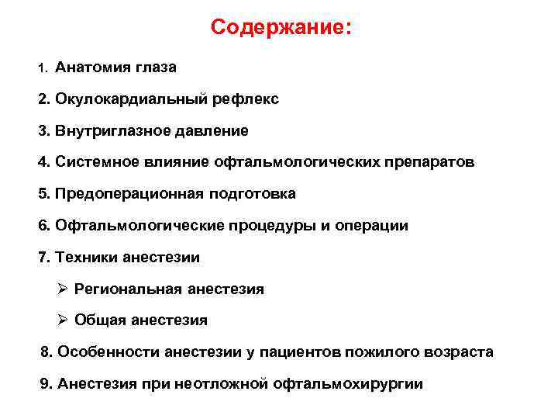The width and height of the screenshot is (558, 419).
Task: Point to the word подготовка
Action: click(246, 194)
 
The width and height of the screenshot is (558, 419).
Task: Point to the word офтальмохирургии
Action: click(350, 383)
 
